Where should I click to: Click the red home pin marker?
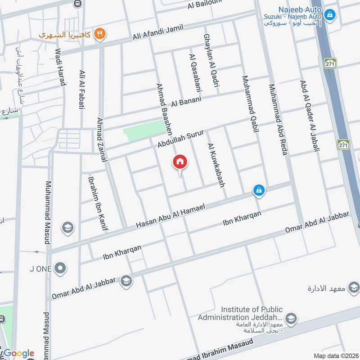click(x=180, y=162)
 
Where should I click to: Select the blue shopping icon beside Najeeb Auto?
click(x=330, y=15)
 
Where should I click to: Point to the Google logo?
click(x=19, y=353)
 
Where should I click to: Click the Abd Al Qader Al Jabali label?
click(x=309, y=116)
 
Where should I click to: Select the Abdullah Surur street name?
click(x=181, y=140)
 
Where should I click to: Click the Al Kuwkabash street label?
click(x=216, y=165)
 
